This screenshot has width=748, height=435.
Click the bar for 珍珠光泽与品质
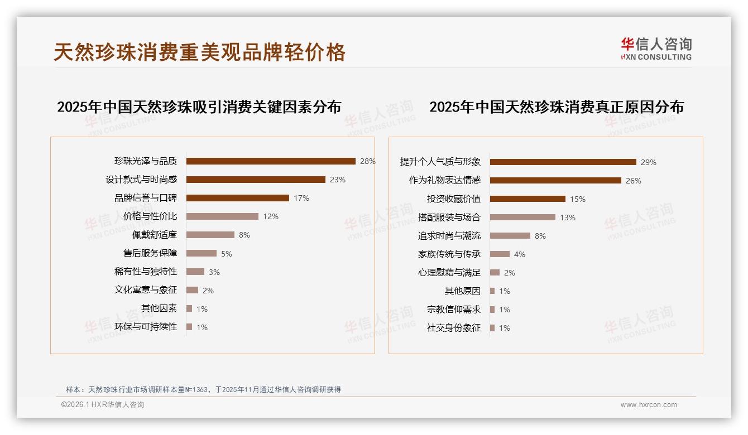point(271,161)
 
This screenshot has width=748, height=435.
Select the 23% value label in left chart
point(337,180)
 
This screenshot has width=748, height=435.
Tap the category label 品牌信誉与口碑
point(145,198)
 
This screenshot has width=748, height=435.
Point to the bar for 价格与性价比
point(222,216)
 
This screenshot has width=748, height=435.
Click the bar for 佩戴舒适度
point(210,235)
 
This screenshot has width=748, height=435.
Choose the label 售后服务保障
point(150,253)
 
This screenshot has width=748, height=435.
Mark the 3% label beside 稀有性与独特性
point(214,272)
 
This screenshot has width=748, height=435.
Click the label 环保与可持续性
point(145,327)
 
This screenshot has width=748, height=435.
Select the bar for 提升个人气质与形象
point(563,162)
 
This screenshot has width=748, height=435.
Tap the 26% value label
point(633,181)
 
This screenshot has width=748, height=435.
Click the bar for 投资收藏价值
point(528,199)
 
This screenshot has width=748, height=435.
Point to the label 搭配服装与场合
point(449,217)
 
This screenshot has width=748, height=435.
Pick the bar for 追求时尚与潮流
point(510,236)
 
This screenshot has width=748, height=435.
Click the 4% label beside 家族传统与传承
point(519,254)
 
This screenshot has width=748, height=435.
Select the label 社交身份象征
point(453,328)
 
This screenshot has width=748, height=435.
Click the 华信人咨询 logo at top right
point(656,49)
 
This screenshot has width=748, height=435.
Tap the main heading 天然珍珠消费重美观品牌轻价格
point(199,52)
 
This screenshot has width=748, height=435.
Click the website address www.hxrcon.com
point(649,405)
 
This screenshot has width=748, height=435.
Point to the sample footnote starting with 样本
point(203,390)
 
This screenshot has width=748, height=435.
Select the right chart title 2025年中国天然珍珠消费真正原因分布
point(556,107)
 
